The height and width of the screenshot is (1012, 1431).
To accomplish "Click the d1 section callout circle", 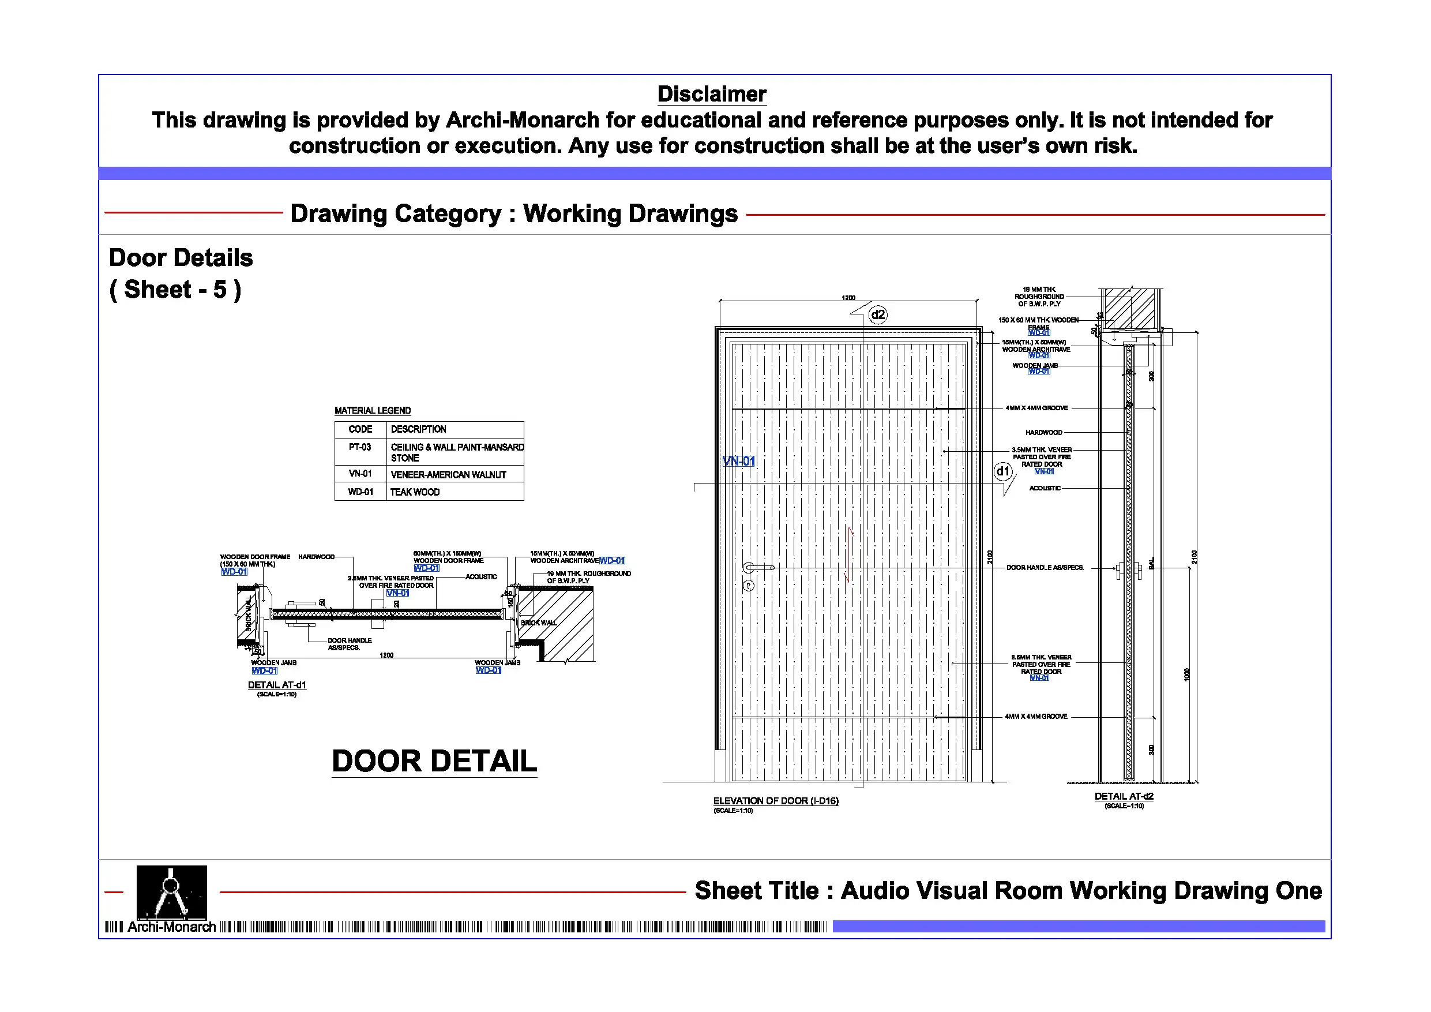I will (1002, 471).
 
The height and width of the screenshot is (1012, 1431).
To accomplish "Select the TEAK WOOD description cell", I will (415, 492).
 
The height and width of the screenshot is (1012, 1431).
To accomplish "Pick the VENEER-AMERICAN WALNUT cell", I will (448, 474).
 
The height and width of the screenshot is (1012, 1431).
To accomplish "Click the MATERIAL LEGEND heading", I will (372, 410).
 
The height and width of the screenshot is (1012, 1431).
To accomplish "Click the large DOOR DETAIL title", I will (434, 762).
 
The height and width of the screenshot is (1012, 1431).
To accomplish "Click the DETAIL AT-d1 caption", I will (277, 685).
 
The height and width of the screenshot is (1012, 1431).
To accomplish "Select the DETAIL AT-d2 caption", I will (1124, 796).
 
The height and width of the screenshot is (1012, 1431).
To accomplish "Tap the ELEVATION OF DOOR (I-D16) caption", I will (775, 801).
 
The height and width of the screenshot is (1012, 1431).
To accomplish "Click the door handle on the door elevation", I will (757, 567).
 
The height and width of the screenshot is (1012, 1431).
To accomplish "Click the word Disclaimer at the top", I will (711, 94).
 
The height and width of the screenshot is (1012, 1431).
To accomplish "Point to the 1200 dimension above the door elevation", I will (848, 298).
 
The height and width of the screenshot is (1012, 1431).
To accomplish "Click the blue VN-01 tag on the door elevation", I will (738, 462).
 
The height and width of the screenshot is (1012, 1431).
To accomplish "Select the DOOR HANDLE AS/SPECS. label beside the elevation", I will (1045, 567).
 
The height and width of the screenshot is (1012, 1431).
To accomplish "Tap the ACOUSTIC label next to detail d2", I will (1045, 488).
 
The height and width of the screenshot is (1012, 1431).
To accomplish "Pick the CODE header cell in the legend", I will (360, 429).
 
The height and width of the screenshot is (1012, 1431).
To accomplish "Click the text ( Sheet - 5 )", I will (175, 290).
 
